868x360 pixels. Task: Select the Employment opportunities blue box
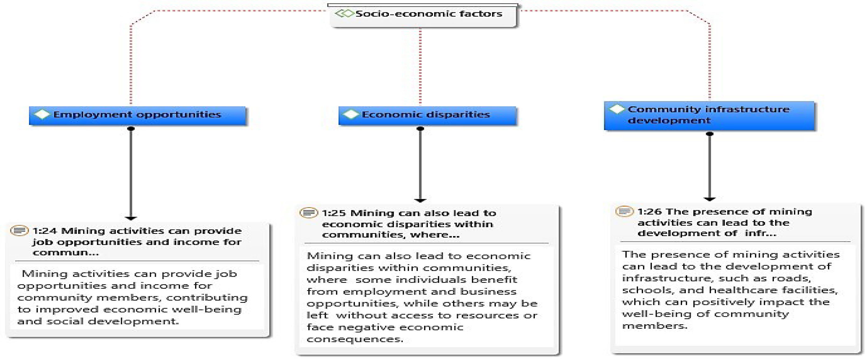coord(137,115)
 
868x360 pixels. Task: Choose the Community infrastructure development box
coord(709,115)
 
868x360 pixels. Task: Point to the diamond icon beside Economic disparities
coord(351,115)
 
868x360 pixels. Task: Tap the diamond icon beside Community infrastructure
coord(617,109)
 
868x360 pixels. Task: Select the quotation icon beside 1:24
coord(19,231)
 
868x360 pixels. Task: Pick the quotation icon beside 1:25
coord(308,213)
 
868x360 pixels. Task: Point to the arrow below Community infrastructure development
coord(710,166)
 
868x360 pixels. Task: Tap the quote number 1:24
coord(45,231)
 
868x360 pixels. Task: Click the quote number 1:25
coord(334,213)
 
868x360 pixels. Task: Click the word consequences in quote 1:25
coord(355,339)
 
